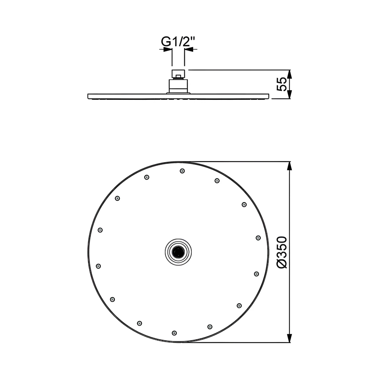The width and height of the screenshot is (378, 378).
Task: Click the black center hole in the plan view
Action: (x=178, y=252)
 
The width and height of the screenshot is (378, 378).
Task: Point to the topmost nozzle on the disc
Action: (x=182, y=171)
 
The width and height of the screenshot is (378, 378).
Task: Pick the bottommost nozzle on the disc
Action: (x=174, y=333)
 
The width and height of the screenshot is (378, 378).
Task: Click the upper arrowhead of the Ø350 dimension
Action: (x=290, y=166)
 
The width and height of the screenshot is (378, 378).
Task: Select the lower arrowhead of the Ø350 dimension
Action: (x=290, y=338)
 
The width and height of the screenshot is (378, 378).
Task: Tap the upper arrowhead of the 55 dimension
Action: (x=290, y=74)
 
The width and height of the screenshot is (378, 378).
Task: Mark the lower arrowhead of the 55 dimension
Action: (x=290, y=95)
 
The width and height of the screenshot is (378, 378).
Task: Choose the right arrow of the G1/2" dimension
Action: (x=189, y=50)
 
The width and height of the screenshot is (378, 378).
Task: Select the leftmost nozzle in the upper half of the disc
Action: (x=100, y=230)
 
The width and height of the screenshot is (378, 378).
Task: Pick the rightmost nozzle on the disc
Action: (x=258, y=238)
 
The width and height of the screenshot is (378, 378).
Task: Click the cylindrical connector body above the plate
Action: (x=178, y=86)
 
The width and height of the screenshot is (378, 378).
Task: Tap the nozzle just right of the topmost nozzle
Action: (x=217, y=181)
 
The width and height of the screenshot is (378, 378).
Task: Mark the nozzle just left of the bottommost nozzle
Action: (x=139, y=323)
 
